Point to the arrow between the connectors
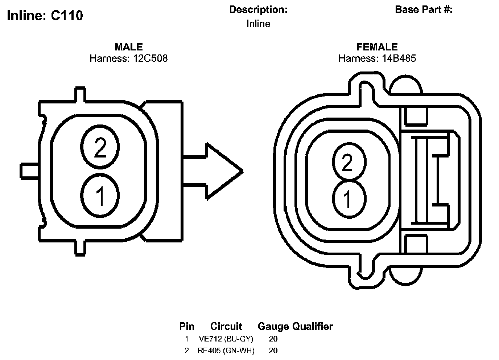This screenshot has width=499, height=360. tap(214, 171)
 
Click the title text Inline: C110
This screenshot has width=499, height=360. tap(45, 16)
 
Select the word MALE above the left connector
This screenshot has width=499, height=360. tap(129, 47)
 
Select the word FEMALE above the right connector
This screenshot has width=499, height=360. tap(377, 47)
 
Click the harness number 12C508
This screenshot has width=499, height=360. tap(149, 58)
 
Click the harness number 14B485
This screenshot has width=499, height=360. tap(398, 58)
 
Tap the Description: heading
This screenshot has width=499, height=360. tap(258, 10)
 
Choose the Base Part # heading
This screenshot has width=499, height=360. tap(424, 10)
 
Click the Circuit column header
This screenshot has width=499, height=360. tap(226, 327)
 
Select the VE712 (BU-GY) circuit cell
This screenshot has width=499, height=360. tap(226, 339)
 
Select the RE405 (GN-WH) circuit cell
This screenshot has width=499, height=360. tap(226, 351)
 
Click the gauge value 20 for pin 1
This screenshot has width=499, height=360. tap(273, 339)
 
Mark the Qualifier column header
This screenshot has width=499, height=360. tap(313, 327)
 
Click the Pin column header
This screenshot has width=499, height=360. tap(187, 327)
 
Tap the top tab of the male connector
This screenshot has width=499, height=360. tap(80, 94)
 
